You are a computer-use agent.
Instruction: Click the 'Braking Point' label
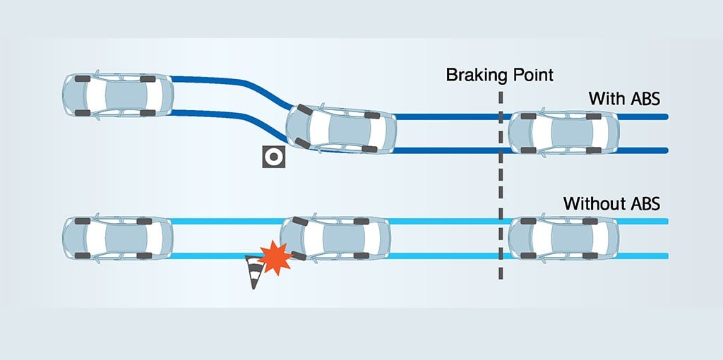[499, 75]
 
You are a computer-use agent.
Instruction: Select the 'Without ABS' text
[611, 204]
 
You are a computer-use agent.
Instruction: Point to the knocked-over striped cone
[253, 272]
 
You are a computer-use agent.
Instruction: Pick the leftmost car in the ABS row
[117, 94]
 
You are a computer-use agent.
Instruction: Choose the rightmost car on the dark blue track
[563, 132]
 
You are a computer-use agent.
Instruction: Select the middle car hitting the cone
[335, 238]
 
